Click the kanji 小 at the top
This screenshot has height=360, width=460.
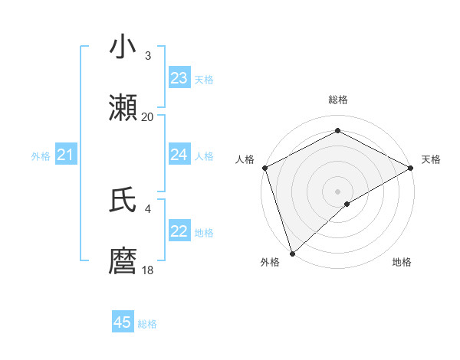123,47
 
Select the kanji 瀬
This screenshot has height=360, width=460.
123,107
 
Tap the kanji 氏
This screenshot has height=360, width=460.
123,201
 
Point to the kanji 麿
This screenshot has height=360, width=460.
123,261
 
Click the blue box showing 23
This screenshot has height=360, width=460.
179,78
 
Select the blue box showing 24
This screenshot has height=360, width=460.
179,155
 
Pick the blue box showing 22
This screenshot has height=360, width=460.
179,231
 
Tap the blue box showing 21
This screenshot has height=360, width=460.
66,155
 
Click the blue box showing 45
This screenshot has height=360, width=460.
123,322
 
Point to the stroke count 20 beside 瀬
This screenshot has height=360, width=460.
147,117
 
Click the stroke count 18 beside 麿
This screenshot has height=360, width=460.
147,270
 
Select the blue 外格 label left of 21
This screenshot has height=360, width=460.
41,156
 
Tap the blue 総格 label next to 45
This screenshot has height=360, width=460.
147,324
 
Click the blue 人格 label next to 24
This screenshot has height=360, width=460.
204,156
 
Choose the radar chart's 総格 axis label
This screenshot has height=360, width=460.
337,100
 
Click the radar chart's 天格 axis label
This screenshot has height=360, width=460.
431,159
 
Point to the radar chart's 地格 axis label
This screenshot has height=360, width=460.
402,262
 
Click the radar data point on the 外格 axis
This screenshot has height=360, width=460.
291,254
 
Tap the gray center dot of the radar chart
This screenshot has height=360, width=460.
337,191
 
